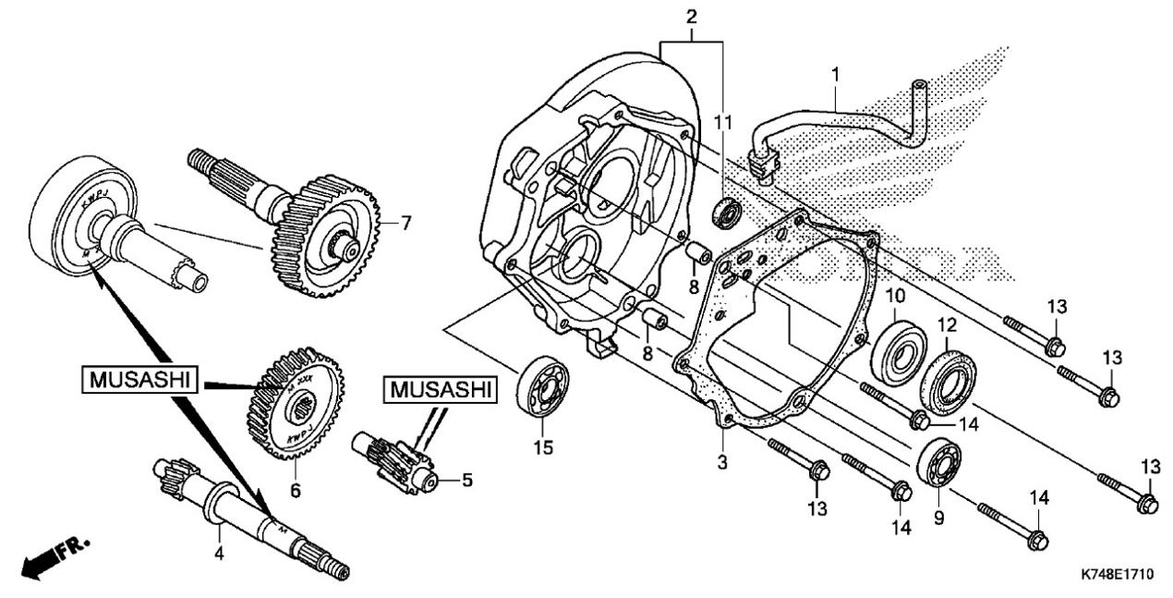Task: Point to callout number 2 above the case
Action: (690, 17)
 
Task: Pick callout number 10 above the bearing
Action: (895, 296)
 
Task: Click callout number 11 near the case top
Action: (723, 121)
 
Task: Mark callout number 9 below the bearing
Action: (939, 519)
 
